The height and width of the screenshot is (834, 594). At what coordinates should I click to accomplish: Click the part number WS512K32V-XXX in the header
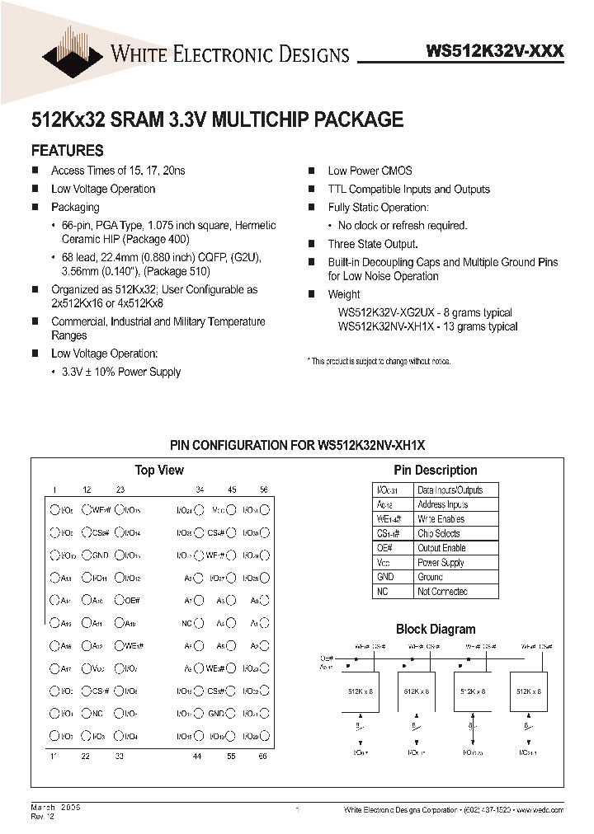[x=494, y=51]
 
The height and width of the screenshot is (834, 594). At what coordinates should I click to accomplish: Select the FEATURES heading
[x=67, y=151]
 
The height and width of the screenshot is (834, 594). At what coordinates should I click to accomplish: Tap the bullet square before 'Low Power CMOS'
[x=312, y=171]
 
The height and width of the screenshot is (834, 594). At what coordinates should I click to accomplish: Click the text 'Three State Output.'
[x=372, y=244]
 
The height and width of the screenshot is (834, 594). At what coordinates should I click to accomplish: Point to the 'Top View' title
[x=159, y=470]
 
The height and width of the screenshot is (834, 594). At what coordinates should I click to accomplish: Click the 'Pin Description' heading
[x=435, y=470]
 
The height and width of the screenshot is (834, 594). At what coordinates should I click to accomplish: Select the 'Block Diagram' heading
[x=436, y=629]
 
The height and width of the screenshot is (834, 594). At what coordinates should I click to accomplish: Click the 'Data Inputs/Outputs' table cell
[x=450, y=490]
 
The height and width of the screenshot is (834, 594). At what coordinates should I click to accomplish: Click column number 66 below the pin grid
[x=264, y=755]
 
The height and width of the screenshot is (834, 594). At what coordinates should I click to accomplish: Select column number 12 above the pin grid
[x=87, y=490]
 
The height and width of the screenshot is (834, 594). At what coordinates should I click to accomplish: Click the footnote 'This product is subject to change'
[x=379, y=362]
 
